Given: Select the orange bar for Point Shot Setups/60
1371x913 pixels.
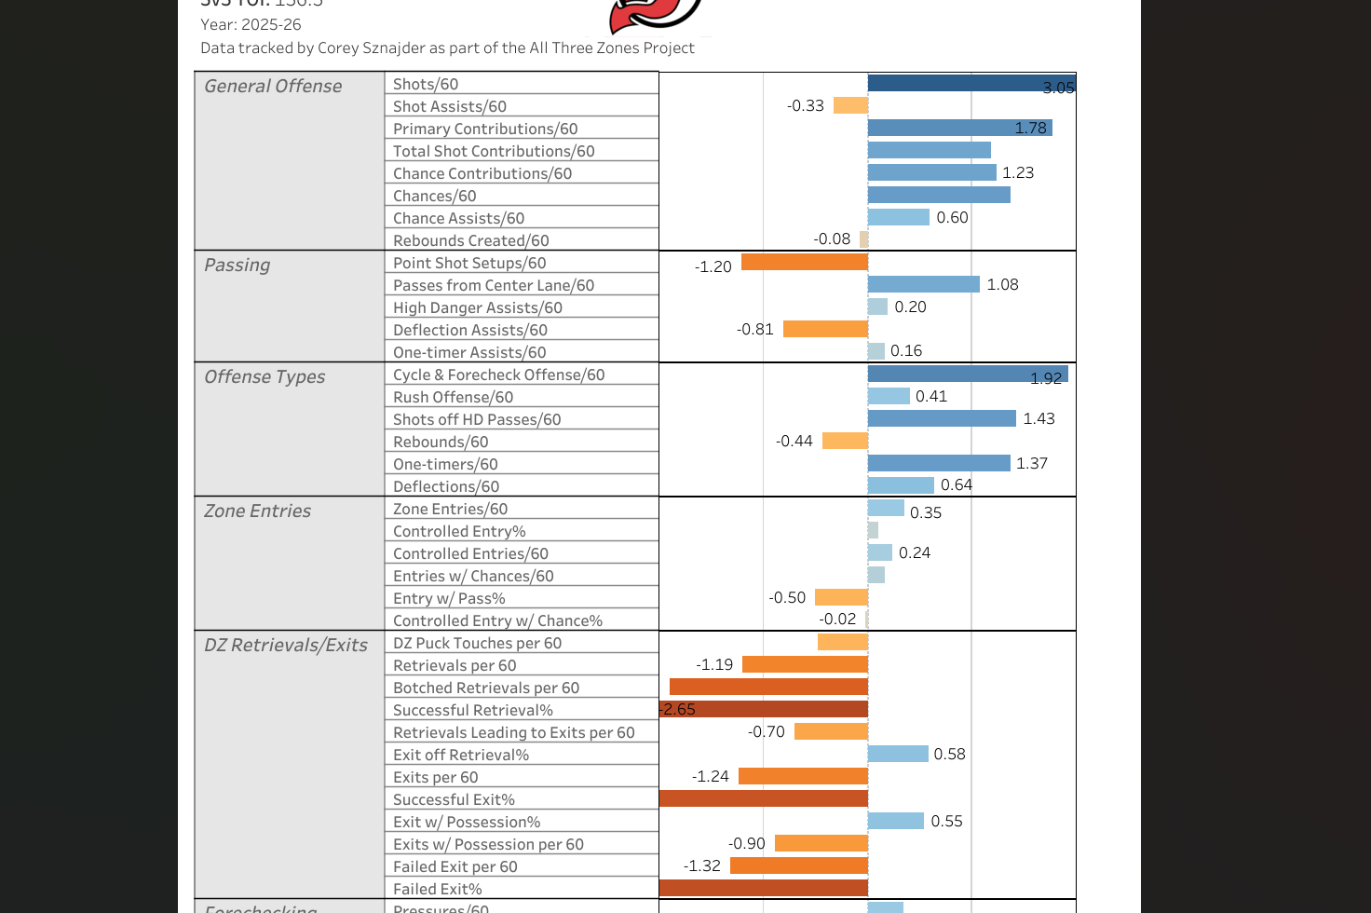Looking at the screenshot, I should [805, 263].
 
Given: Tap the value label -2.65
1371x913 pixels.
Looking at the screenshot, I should [678, 710].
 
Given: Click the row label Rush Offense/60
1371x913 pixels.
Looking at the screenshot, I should [453, 397].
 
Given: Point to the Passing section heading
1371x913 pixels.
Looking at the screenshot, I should [237, 265].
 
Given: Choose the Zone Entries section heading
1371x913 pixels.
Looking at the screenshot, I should [257, 511].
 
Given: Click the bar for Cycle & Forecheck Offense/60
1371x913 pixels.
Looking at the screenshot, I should [968, 375].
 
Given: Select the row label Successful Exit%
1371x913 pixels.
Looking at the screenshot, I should [454, 799].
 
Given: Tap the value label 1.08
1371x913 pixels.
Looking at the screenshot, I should [1002, 285].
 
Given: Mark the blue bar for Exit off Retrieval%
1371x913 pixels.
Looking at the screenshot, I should [898, 754].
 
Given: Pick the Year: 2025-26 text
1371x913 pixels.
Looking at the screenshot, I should [251, 24].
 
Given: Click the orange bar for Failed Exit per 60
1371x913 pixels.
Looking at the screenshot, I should [799, 865].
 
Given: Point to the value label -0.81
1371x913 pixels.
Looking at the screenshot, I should [755, 330].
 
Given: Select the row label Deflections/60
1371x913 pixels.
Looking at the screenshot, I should [446, 486].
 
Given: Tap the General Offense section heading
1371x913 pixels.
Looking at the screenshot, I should [273, 86].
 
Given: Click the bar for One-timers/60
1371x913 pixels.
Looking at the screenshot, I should [939, 463].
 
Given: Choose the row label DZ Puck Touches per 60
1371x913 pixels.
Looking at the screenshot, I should [477, 643].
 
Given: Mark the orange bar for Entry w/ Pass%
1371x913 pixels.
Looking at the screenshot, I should [841, 597].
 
